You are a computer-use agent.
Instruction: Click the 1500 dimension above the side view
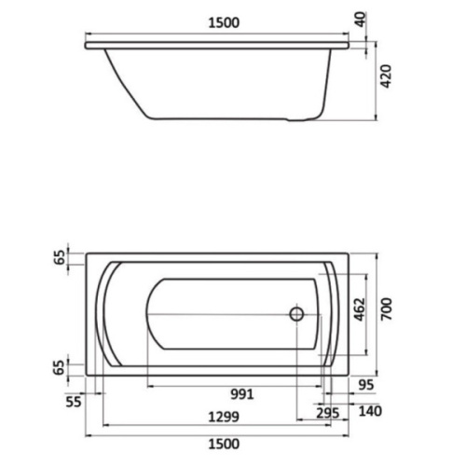224,23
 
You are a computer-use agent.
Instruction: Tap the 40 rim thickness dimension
361,20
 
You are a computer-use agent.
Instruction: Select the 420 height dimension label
386,76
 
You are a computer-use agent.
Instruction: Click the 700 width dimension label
387,308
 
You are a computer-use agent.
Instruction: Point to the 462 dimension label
359,309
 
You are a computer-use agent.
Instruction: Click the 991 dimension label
242,394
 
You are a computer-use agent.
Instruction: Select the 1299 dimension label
224,417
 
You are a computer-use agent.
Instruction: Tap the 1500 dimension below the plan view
224,445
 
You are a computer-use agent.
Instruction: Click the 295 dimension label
328,414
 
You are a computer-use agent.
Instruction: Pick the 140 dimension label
370,411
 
